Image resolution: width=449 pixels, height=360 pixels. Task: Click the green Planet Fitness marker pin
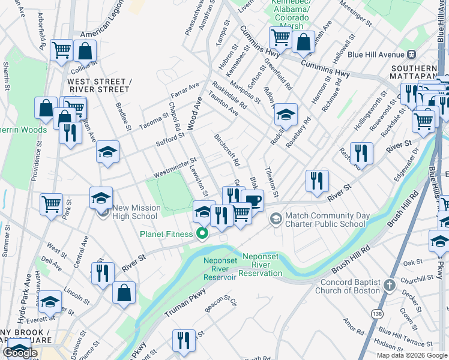coord(203,233)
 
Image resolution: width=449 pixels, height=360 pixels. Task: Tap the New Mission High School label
coord(136,212)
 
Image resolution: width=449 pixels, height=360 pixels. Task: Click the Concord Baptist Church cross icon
coord(390,283)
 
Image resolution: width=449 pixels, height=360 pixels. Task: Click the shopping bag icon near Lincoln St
coord(124,293)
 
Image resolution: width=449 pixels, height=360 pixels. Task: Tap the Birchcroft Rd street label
coord(228,150)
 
